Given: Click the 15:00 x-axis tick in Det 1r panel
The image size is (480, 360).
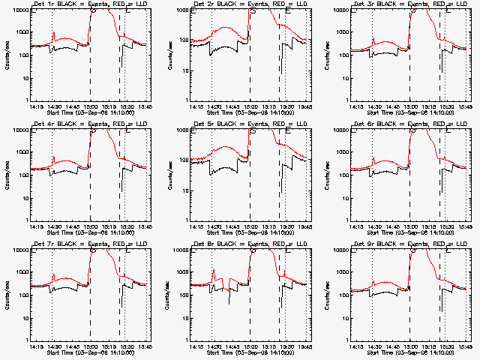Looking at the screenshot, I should (x=90, y=106).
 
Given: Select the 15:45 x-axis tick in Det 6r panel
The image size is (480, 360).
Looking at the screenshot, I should (x=464, y=226).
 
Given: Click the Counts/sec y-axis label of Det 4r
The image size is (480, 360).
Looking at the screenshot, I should (x=7, y=175).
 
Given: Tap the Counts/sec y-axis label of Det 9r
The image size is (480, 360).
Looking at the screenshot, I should (x=327, y=295).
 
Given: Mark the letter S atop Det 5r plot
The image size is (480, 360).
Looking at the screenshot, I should (x=253, y=131).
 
